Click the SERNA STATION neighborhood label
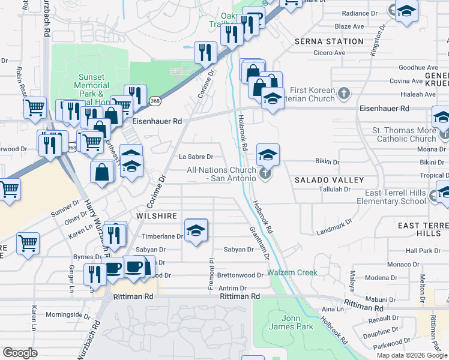click(329, 41)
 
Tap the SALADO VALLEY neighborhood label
click(329, 180)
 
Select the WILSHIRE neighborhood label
click(158, 216)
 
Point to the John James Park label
click(291, 322)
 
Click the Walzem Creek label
click(292, 272)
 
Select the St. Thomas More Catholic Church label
click(406, 134)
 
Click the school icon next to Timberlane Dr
click(196, 230)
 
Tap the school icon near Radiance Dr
click(406, 11)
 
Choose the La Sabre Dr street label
click(196, 157)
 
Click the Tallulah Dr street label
click(334, 189)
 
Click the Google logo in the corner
click(20, 353)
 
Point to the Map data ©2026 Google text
click(412, 355)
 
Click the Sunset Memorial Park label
click(92, 86)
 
